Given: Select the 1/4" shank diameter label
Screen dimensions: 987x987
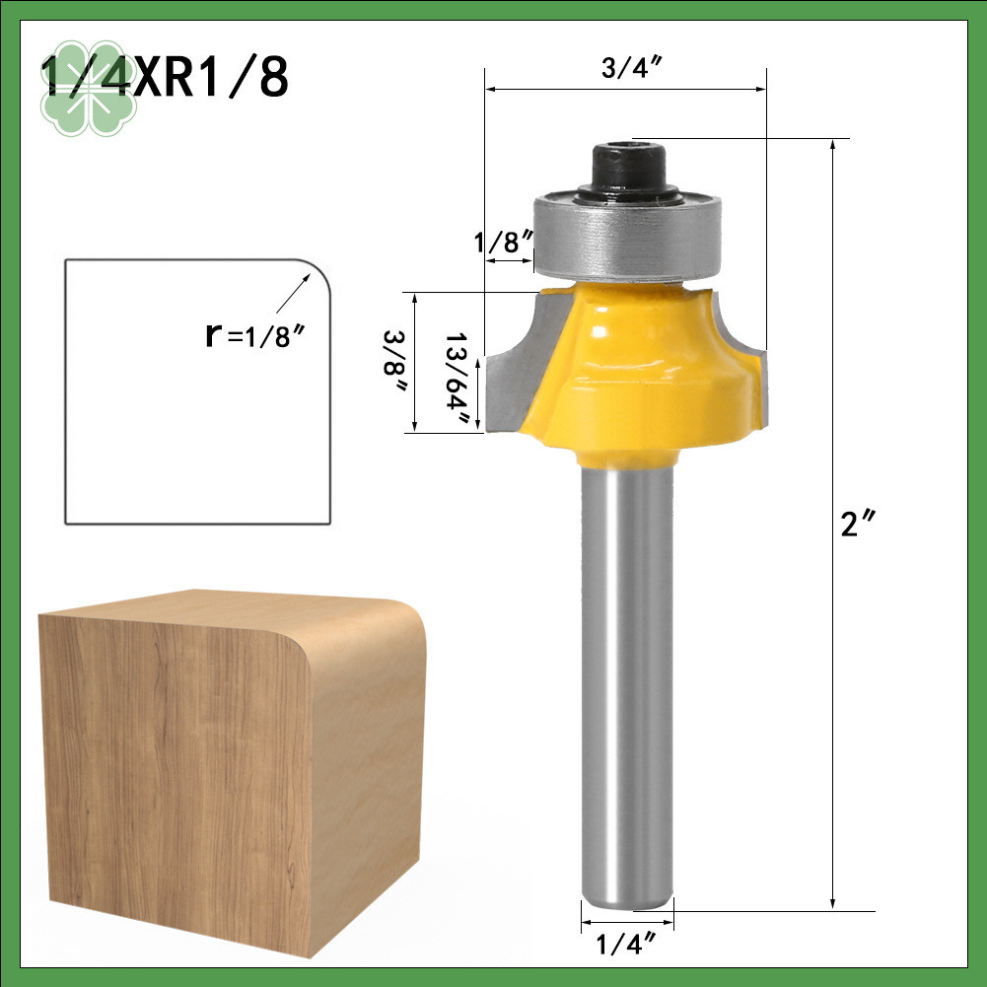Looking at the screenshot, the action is [625, 943].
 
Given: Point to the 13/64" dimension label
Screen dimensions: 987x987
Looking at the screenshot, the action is [458, 378].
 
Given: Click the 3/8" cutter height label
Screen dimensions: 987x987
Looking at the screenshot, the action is [394, 361].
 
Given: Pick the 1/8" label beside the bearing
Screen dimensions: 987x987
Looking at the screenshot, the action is [504, 243].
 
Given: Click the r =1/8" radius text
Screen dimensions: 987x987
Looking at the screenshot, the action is [255, 335].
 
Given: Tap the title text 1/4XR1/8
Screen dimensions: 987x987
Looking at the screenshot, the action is [165, 77].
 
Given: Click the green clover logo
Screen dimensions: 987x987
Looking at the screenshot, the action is [88, 88].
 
